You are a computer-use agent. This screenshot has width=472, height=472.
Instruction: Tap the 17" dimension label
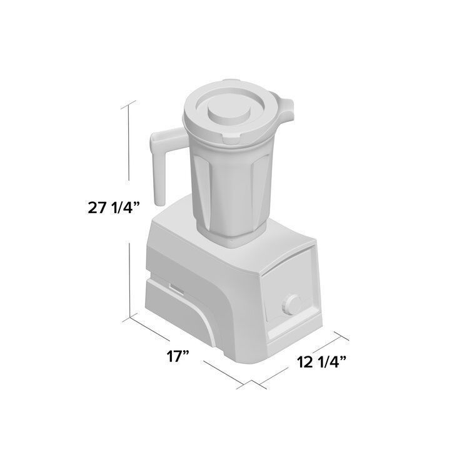[179, 357]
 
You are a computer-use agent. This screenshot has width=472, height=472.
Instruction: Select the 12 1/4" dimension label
[321, 361]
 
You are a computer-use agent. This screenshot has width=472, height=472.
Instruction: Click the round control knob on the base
[291, 306]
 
